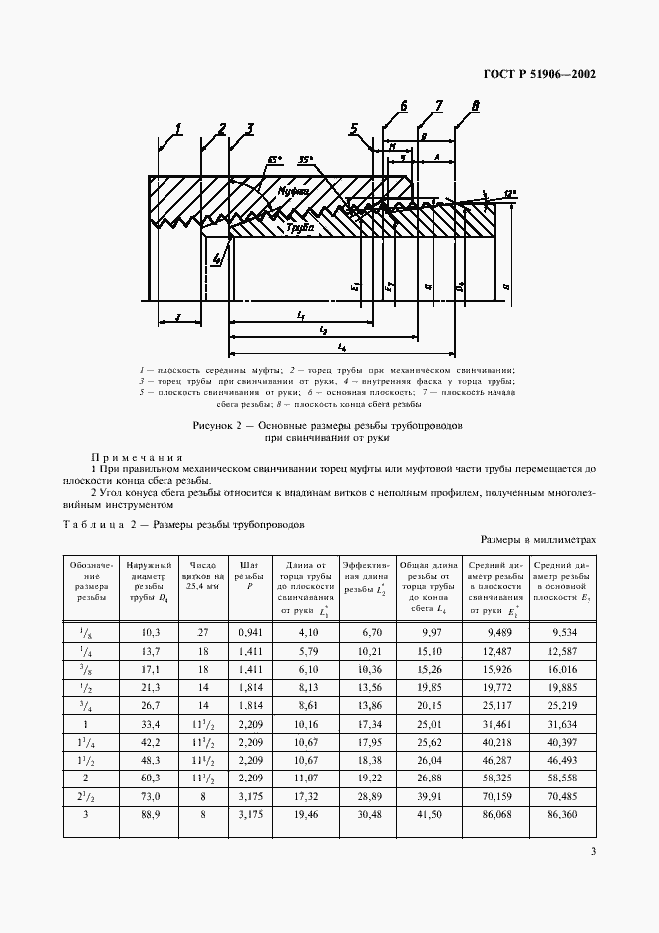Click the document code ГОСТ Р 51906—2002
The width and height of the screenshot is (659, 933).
[539, 74]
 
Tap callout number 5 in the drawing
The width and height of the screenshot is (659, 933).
[354, 127]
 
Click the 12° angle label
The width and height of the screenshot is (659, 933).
[508, 193]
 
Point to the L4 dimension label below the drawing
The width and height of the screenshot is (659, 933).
[341, 346]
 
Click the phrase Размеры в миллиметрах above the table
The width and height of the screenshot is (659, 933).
[537, 539]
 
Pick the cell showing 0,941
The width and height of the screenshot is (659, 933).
[247, 631]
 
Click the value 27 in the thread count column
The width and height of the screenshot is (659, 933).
[202, 631]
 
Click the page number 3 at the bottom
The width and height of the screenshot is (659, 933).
[592, 852]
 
